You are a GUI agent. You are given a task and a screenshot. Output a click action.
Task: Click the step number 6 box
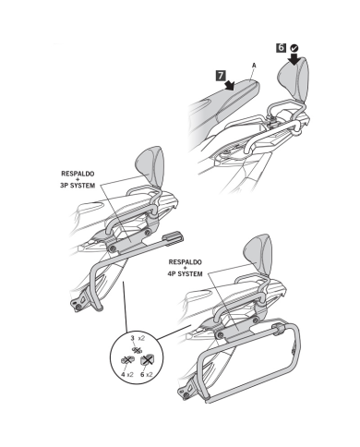282,48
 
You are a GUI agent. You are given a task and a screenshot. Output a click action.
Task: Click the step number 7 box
221,76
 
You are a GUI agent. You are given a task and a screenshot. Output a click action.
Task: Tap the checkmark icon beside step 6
294,48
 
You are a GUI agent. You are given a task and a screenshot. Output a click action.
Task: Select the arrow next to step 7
230,85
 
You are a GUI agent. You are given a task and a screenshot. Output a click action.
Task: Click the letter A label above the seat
254,66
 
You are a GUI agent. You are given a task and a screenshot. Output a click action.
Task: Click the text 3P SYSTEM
78,186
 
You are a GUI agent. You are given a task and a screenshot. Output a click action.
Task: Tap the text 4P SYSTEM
185,273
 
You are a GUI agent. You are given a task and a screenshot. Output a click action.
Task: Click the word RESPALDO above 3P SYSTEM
78,174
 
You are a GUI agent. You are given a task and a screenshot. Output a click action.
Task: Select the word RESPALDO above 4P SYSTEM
186,262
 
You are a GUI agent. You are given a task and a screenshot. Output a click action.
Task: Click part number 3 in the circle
132,338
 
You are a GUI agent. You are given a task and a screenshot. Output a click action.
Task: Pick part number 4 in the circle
123,374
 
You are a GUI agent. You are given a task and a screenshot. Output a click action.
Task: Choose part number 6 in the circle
142,374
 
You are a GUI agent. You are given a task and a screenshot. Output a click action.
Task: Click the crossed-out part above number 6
147,359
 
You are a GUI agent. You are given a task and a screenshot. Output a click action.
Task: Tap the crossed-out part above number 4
126,359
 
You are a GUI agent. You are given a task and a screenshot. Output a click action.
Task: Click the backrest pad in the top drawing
294,79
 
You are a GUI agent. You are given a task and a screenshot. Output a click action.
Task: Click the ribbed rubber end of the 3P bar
174,237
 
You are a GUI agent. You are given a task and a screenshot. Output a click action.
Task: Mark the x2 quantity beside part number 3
141,338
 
